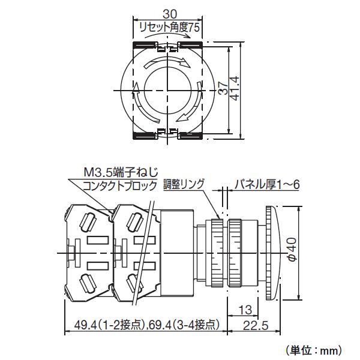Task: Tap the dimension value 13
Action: [x=244, y=310]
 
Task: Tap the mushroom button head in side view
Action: [x=271, y=253]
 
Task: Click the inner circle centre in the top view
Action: [x=165, y=91]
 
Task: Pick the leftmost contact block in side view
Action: [x=87, y=252]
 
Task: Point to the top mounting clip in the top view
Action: [x=165, y=46]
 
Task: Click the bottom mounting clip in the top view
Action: [x=165, y=134]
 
